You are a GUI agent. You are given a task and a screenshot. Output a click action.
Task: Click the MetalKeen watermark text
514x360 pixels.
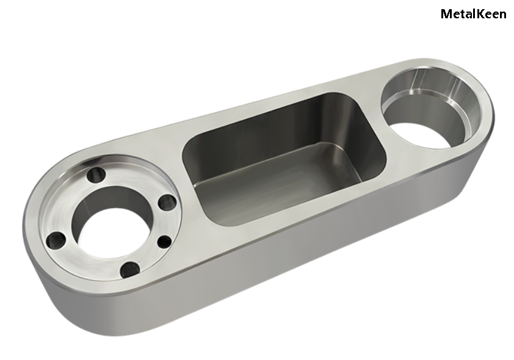click(x=473, y=14)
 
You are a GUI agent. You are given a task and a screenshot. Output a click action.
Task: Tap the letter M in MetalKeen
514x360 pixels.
click(x=446, y=14)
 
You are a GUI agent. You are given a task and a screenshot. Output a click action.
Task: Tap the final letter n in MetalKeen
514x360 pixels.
click(x=502, y=15)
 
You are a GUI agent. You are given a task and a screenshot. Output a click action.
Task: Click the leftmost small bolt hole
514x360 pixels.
click(x=56, y=241)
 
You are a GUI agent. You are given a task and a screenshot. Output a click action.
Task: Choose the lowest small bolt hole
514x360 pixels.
click(x=130, y=270)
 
